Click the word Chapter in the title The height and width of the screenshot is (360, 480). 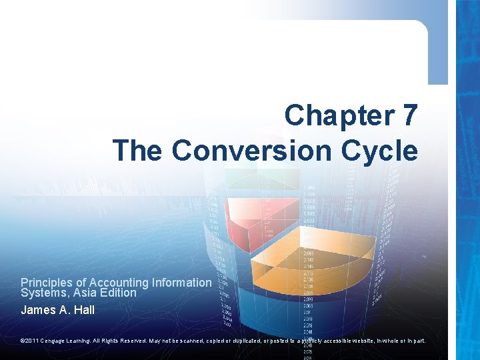(x=338, y=115)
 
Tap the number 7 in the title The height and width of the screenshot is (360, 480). (x=409, y=115)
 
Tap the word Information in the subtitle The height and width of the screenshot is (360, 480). (x=182, y=283)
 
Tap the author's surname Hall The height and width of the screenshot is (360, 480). (x=83, y=310)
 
